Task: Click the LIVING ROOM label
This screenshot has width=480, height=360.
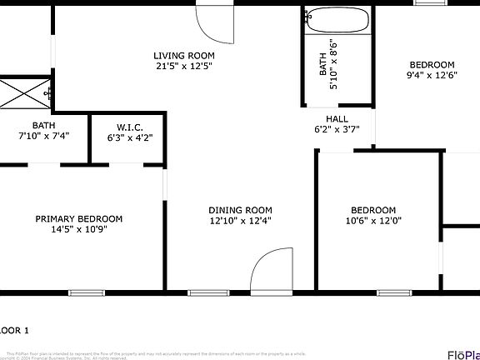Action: [x=177, y=54]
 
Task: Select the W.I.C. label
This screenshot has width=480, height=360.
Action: [x=130, y=127]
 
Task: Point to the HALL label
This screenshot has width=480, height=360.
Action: [x=337, y=118]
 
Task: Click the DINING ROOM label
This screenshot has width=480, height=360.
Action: [x=240, y=210]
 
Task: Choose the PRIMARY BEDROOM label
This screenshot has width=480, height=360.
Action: [x=78, y=219]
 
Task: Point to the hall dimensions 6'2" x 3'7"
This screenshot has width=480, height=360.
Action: [x=337, y=129]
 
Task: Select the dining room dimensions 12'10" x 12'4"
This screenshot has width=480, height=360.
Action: [x=240, y=221]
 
